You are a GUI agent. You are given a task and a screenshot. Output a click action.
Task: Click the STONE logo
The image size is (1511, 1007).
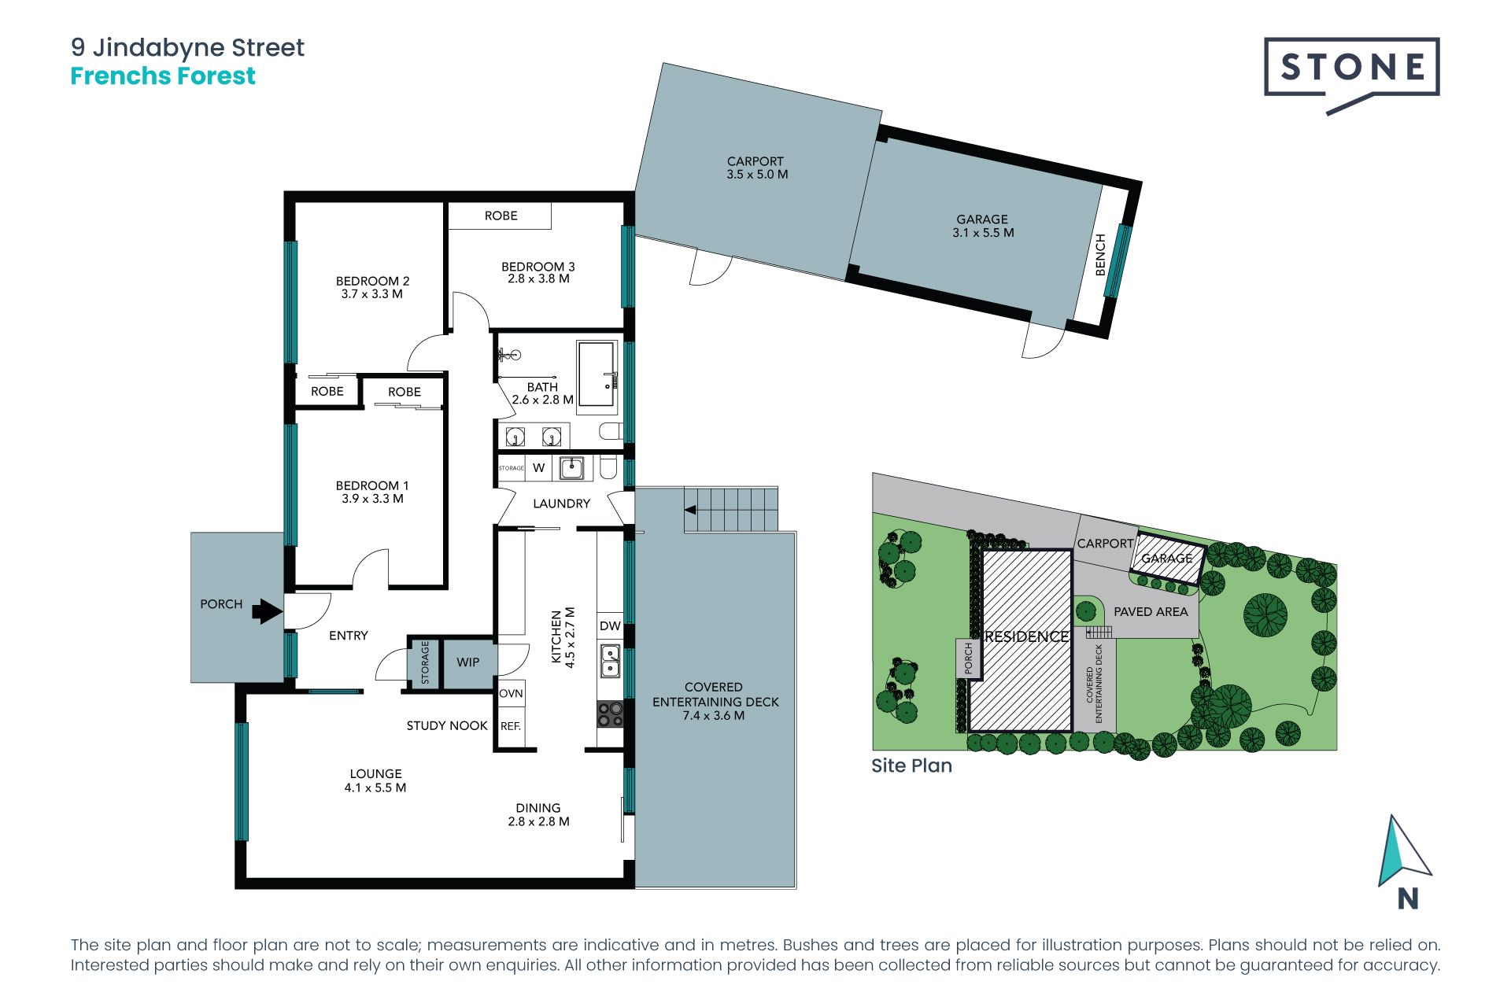(x=1351, y=75)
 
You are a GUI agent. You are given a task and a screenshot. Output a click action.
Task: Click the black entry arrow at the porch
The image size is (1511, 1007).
(x=268, y=610)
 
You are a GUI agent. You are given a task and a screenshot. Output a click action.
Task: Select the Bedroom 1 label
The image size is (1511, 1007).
(x=372, y=485)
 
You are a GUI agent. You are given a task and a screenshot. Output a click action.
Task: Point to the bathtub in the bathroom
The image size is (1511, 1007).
(x=597, y=377)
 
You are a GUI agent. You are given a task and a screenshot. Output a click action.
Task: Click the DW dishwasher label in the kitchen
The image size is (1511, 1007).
(x=610, y=626)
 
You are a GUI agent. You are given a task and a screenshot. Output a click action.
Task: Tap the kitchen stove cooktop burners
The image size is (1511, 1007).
(x=610, y=714)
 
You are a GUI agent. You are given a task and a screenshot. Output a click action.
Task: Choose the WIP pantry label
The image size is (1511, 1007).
(x=468, y=662)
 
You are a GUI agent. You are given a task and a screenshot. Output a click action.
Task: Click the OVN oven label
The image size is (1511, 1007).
(x=511, y=693)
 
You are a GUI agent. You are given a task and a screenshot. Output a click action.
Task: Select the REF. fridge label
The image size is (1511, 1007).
(x=511, y=726)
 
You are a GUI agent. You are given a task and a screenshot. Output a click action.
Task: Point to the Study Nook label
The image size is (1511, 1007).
(x=447, y=725)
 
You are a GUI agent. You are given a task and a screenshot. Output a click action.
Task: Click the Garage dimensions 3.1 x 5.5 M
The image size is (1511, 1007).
(x=983, y=233)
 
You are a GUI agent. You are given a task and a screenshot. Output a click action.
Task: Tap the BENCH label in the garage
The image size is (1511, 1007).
(x=1101, y=254)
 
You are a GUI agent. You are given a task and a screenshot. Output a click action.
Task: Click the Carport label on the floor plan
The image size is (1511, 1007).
(x=755, y=161)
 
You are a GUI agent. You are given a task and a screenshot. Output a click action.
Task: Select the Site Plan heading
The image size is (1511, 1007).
(x=911, y=765)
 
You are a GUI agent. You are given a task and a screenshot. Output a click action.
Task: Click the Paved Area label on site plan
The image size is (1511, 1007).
(x=1151, y=611)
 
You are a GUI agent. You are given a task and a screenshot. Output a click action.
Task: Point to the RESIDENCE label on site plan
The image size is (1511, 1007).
(x=1027, y=636)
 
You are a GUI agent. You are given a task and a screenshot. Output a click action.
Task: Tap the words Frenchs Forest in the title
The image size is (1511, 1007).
(x=163, y=76)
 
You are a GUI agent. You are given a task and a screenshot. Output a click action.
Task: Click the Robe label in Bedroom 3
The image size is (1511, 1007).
(x=501, y=216)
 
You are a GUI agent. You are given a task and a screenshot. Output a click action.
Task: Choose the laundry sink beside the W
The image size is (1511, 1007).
(x=571, y=468)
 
